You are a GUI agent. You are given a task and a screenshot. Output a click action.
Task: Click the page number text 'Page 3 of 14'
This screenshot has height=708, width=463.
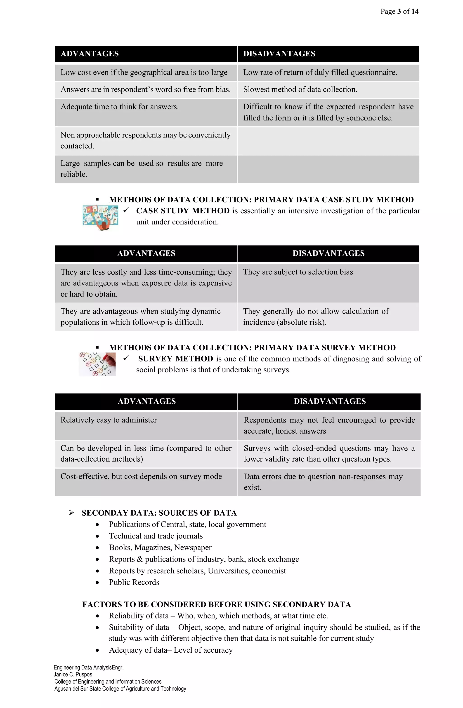(399, 12)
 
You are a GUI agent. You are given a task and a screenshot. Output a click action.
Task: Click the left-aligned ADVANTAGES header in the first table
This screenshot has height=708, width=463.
(90, 54)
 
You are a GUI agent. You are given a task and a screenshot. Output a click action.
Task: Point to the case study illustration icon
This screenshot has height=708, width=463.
(100, 218)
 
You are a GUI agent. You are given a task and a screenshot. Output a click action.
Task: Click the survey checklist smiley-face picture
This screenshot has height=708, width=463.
(97, 364)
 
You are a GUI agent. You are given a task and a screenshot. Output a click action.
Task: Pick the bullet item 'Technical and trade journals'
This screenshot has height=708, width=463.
(156, 536)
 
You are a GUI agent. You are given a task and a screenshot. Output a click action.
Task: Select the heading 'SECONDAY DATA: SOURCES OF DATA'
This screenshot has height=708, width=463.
(159, 513)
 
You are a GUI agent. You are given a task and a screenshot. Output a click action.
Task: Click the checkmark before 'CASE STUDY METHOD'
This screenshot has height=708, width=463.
(126, 210)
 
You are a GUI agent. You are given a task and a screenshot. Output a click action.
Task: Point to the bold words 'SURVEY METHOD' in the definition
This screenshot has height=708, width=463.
(176, 359)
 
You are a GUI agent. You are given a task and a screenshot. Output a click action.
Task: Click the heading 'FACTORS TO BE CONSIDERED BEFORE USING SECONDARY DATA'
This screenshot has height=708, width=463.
(216, 604)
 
